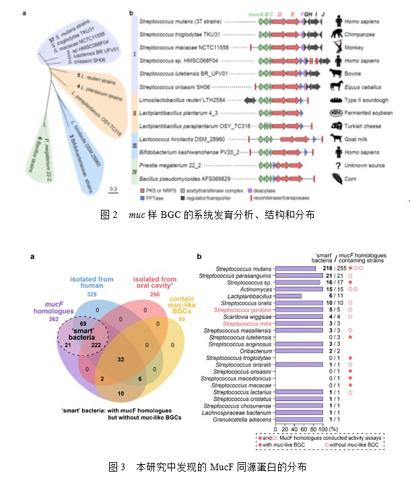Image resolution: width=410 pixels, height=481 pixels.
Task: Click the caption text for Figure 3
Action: point(208,466)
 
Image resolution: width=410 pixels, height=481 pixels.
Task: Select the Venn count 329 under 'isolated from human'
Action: point(92,295)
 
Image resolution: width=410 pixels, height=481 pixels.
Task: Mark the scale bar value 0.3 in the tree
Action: point(115,188)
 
